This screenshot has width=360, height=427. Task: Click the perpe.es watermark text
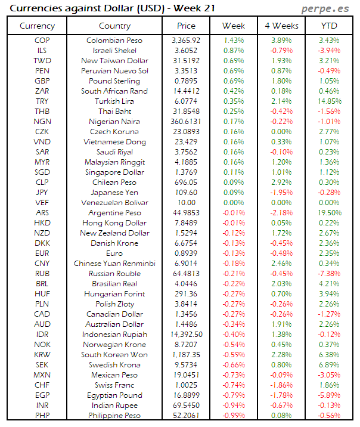(x=326, y=9)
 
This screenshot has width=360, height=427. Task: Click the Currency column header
(x=37, y=26)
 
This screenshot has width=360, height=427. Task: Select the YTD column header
(x=330, y=26)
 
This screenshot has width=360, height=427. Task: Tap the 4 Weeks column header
(x=281, y=26)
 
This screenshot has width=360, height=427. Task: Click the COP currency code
(x=42, y=40)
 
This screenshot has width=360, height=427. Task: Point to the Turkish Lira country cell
(x=115, y=101)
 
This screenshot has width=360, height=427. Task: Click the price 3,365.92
(x=186, y=40)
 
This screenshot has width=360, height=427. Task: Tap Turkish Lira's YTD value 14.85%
(x=330, y=101)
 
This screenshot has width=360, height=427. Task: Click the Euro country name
(x=115, y=253)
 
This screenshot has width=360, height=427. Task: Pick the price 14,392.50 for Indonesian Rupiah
(x=186, y=335)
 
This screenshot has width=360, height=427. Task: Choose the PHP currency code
(x=42, y=416)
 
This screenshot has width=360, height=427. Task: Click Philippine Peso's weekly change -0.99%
(x=233, y=416)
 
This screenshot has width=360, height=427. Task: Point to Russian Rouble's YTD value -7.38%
(x=330, y=274)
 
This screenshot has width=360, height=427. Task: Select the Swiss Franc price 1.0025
(x=186, y=385)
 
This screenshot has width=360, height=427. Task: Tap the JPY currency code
(x=42, y=193)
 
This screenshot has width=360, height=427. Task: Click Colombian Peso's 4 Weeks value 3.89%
(x=281, y=40)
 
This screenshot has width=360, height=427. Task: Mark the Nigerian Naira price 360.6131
(x=186, y=122)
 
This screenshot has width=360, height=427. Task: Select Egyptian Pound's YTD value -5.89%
(x=330, y=395)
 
